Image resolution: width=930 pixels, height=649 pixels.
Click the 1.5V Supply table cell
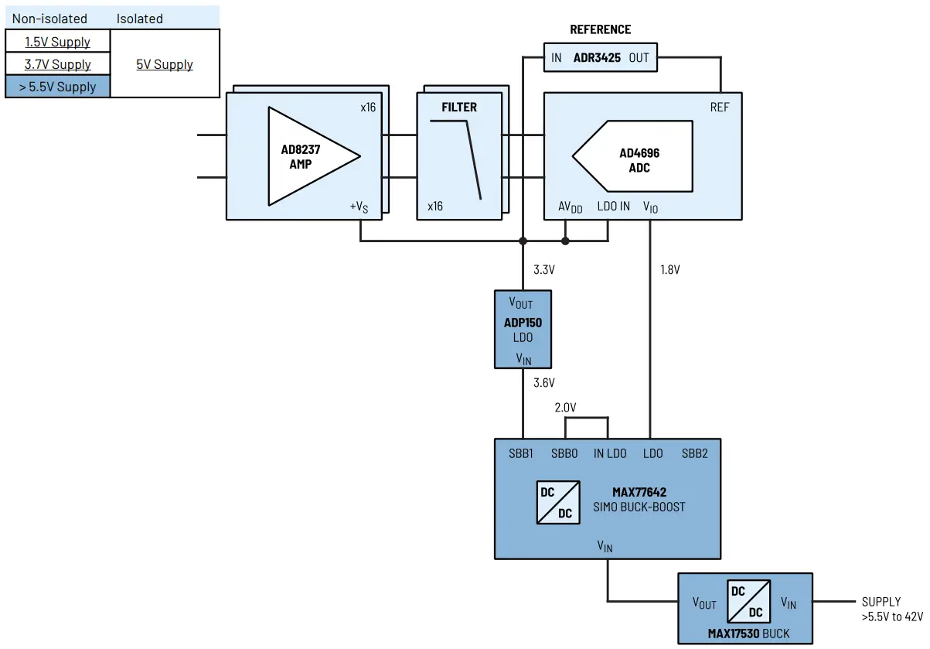pos(57,42)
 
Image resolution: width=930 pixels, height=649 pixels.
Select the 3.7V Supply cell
pos(57,64)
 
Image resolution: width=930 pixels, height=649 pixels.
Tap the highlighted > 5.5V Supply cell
pos(57,87)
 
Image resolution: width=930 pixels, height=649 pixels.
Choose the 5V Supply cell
pos(165,64)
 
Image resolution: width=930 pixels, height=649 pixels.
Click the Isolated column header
pos(140,18)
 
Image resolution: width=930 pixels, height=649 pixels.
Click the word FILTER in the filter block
pos(459,108)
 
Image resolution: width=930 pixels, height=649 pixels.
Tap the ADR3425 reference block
pos(600,58)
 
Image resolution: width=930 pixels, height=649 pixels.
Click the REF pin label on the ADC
pos(719,108)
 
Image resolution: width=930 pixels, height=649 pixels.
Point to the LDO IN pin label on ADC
pos(614,207)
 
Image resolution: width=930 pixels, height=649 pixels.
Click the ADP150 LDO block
pos(523,330)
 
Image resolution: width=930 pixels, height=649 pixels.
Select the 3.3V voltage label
pos(544,270)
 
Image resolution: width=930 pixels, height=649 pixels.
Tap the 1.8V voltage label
pos(670,270)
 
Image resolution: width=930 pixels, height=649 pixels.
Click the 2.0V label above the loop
pos(566,407)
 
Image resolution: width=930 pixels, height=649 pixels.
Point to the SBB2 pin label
pos(693,453)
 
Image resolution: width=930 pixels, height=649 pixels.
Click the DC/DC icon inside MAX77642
pos(557,502)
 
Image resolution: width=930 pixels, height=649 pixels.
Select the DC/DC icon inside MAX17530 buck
pos(748,602)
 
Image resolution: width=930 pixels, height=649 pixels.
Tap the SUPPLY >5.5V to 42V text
pos(891,610)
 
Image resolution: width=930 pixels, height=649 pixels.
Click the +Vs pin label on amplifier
pos(359,207)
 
